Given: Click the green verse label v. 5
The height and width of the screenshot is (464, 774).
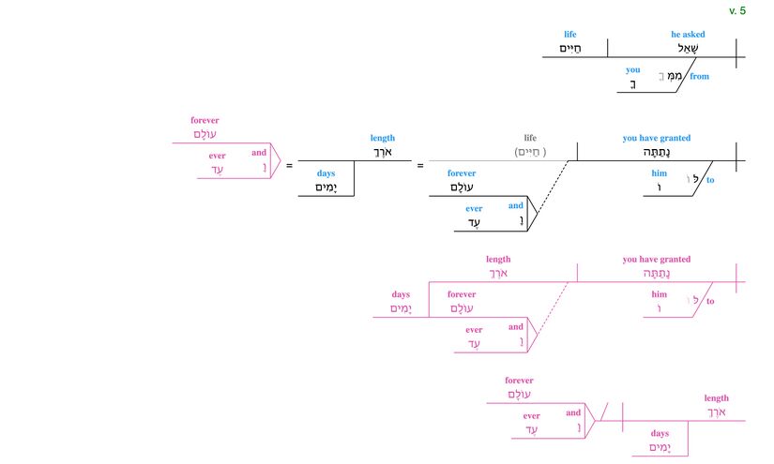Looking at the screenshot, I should [x=736, y=10].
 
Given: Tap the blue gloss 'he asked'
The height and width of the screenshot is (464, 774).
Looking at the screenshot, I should [x=688, y=35].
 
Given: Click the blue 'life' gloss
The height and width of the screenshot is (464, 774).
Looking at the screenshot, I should [x=570, y=35].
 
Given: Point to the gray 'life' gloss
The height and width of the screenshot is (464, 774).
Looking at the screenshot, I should [x=530, y=138].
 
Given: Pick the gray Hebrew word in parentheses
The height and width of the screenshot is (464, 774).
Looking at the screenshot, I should [x=530, y=152].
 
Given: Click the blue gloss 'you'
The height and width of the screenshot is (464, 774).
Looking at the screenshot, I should [x=633, y=70].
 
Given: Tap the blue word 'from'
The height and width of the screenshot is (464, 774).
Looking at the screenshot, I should [x=700, y=77].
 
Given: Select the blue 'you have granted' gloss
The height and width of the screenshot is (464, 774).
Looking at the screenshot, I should [x=657, y=138].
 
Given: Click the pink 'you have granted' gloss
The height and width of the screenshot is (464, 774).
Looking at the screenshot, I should [x=657, y=260].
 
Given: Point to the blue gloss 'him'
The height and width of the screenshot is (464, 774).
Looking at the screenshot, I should [x=660, y=173].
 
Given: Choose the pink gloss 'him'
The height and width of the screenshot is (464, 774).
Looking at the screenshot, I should [x=660, y=294].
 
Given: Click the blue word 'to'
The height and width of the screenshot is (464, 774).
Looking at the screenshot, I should [x=710, y=180].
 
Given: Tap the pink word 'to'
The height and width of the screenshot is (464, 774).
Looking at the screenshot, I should [x=710, y=301].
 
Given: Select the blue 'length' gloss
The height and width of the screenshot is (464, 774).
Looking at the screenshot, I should [x=383, y=138].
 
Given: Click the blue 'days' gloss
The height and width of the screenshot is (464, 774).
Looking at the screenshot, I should [x=326, y=173].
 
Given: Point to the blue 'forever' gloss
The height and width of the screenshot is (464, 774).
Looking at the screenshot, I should [x=462, y=173].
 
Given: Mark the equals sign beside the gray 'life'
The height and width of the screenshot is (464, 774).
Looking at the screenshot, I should [x=420, y=166].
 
